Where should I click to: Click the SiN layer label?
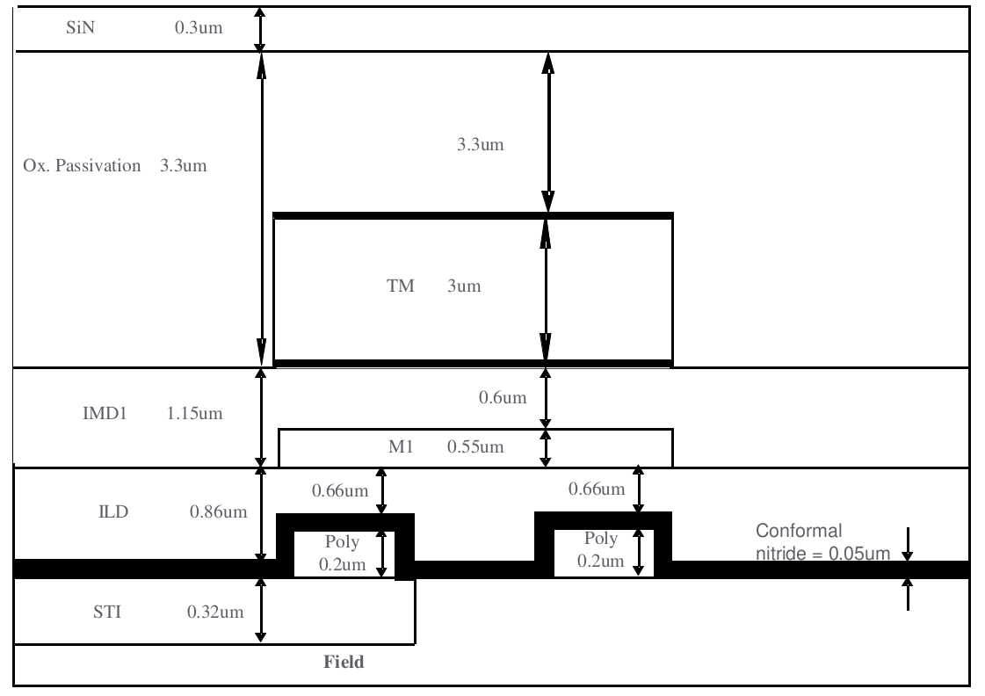point(81,27)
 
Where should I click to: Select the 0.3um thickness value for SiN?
point(199,27)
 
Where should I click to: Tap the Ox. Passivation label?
point(82,166)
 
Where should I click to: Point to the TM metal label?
point(400,286)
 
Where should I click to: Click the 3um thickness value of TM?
point(464,286)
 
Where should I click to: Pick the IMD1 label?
point(105,413)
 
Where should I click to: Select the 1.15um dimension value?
point(195,413)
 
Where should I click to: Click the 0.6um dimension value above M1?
point(503,397)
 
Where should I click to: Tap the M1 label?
point(401,446)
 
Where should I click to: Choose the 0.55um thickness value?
point(475,446)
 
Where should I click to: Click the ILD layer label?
point(113,512)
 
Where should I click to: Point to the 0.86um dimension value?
point(219,512)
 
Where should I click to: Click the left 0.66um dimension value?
point(340,490)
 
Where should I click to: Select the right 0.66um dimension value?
point(597,489)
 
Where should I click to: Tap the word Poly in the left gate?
point(343,541)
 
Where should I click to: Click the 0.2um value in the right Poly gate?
point(600,561)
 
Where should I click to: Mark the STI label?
point(107,612)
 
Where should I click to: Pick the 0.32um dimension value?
point(215,612)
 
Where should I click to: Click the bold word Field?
point(344,662)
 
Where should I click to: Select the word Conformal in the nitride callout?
point(799,531)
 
